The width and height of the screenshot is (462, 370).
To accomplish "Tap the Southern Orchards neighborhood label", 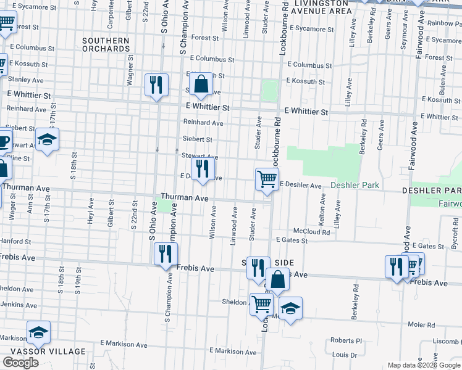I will pyautogui.click(x=106, y=44).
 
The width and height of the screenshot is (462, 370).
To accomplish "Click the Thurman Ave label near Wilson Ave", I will pyautogui.click(x=185, y=198).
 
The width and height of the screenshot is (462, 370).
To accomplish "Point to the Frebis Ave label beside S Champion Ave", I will pyautogui.click(x=195, y=269).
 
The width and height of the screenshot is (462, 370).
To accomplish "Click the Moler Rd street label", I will pyautogui.click(x=421, y=324).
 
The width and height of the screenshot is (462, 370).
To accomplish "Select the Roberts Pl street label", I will pyautogui.click(x=346, y=340).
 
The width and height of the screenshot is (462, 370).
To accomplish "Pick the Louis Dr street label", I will pyautogui.click(x=340, y=355).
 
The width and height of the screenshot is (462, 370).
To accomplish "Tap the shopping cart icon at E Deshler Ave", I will pyautogui.click(x=267, y=179).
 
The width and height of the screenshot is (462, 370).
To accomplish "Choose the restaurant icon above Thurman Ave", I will pyautogui.click(x=202, y=168).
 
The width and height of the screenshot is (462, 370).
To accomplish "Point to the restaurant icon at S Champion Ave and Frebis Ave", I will pyautogui.click(x=165, y=253).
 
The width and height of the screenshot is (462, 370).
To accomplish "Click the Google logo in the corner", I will pyautogui.click(x=20, y=363).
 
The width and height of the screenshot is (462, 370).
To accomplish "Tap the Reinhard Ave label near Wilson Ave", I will pyautogui.click(x=203, y=123).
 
